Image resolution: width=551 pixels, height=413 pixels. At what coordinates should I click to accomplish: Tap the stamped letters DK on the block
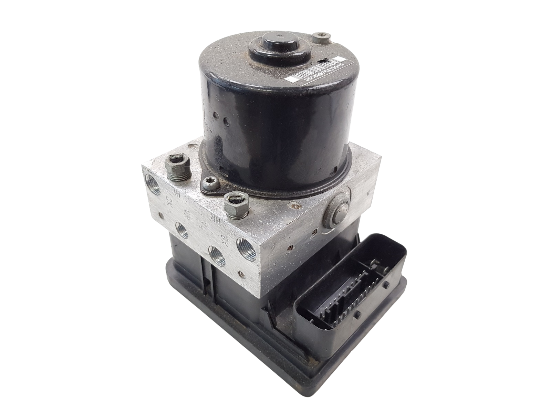pyautogui.click(x=169, y=200)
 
